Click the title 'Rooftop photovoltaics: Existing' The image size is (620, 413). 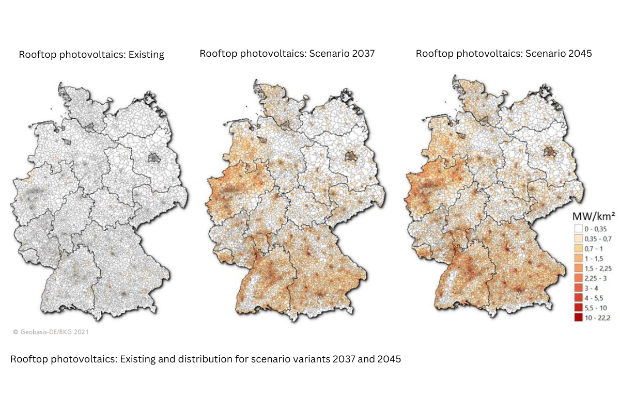[x=91, y=55]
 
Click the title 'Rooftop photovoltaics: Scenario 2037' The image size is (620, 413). [x=287, y=53]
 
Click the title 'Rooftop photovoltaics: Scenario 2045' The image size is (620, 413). [x=504, y=53]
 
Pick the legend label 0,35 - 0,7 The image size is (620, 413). [x=597, y=239]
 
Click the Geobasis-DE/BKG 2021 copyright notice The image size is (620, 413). [x=51, y=332]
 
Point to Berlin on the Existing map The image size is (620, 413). [x=153, y=158]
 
